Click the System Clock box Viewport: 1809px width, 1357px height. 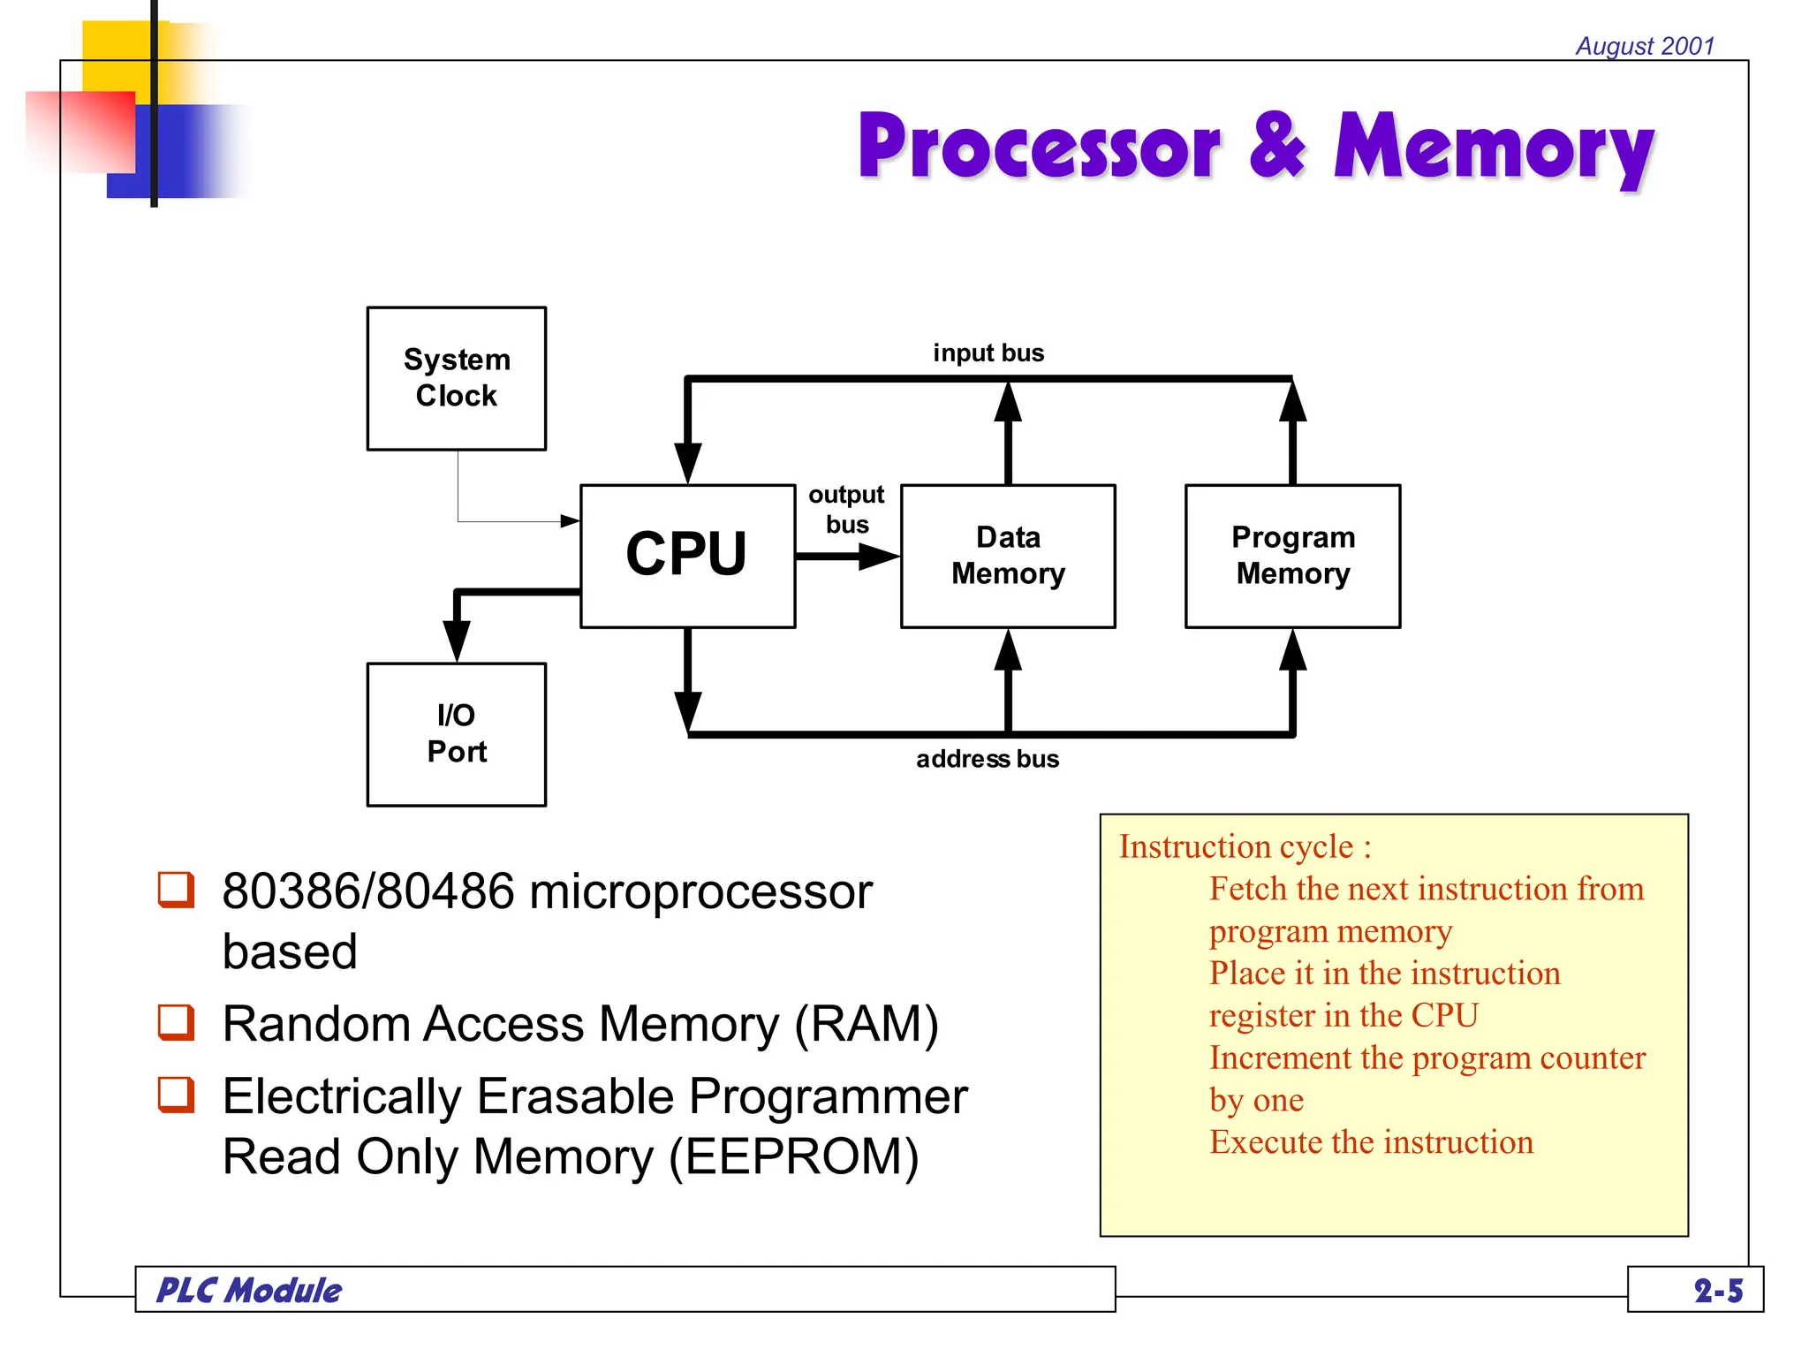click(x=456, y=378)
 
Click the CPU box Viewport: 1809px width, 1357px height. click(x=686, y=555)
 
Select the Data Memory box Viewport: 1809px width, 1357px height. click(x=1007, y=555)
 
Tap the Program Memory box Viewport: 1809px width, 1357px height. click(x=1292, y=555)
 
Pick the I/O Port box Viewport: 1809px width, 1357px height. click(x=456, y=733)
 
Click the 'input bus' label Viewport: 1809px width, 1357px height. click(x=988, y=353)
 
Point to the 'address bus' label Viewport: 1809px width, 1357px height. click(x=987, y=759)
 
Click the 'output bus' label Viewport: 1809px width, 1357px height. click(x=846, y=509)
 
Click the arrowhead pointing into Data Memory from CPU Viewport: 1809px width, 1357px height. click(x=878, y=557)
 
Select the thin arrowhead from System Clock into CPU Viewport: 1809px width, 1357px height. click(x=570, y=521)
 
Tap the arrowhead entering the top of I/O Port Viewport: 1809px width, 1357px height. click(x=456, y=640)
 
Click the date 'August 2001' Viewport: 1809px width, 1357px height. click(x=1645, y=46)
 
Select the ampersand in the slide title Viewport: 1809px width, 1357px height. click(x=1276, y=145)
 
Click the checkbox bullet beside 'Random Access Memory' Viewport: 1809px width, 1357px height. click(x=176, y=1021)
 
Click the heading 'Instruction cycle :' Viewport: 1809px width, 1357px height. click(x=1245, y=846)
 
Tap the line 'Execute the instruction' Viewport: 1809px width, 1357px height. click(x=1371, y=1142)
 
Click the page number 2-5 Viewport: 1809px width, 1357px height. click(x=1718, y=1291)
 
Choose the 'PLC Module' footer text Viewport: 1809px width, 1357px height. click(x=249, y=1291)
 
